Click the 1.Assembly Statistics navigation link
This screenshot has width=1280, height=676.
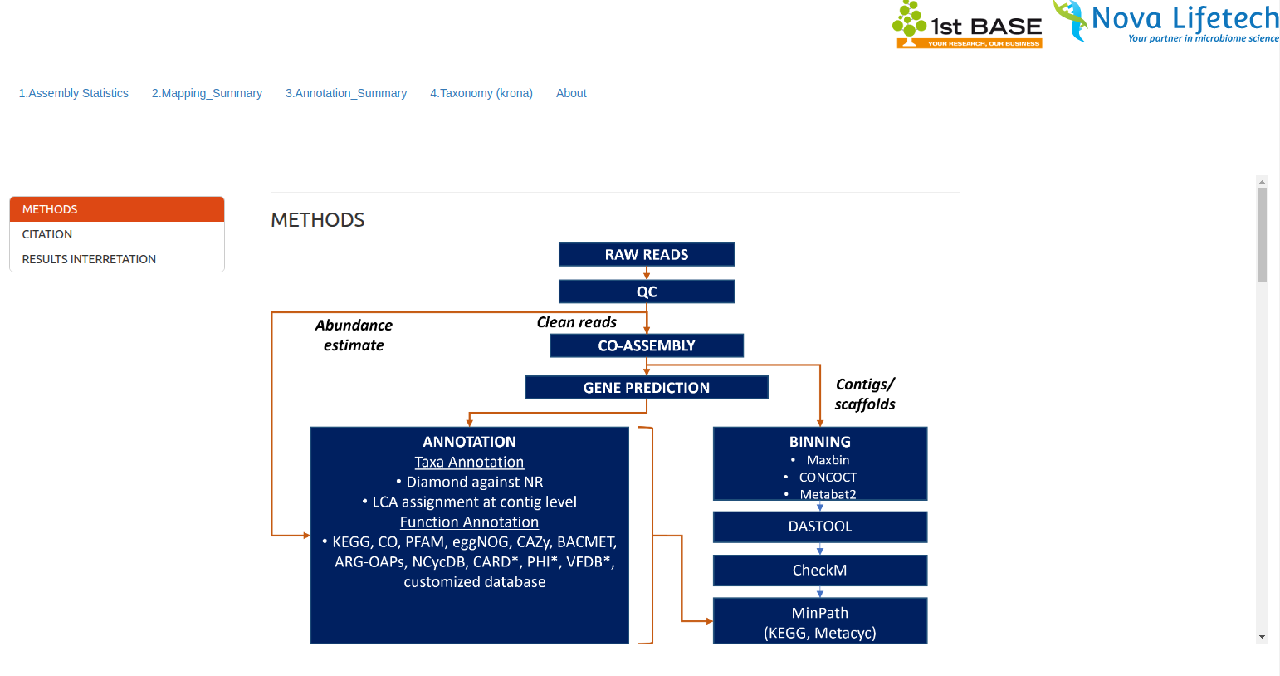point(74,93)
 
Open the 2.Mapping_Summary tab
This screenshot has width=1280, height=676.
point(207,93)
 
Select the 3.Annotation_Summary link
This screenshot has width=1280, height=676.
point(346,93)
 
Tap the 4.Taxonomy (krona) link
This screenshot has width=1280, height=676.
point(481,93)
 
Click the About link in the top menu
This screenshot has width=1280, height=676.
point(571,93)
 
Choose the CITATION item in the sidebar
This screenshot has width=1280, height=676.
point(47,234)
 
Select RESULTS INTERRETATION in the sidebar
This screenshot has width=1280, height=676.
point(89,259)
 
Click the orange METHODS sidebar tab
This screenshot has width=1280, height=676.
point(117,209)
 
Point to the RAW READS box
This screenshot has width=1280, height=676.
point(647,254)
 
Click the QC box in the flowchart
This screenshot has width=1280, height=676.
point(647,291)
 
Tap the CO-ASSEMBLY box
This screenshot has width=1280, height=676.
point(647,345)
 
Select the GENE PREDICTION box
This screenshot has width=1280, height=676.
point(647,388)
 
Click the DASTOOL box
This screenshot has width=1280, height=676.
point(820,527)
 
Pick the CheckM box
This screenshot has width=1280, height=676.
point(820,571)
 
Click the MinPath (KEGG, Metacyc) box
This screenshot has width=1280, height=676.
point(820,622)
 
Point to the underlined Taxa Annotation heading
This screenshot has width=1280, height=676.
point(469,463)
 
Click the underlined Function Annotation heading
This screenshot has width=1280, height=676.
point(469,522)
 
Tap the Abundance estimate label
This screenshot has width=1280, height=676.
point(354,336)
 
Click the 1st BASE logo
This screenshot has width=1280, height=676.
point(967,25)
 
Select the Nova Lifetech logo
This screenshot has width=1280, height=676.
point(1166,22)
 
